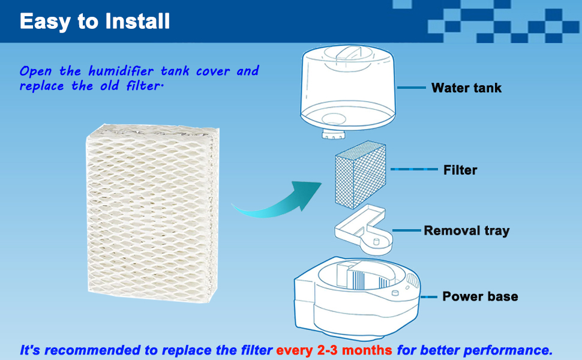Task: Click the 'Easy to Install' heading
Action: (x=95, y=22)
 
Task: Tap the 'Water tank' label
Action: (x=466, y=88)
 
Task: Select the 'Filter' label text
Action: (x=460, y=170)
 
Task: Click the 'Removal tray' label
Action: (x=466, y=231)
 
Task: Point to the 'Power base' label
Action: (x=480, y=296)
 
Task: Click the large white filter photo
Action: (x=150, y=210)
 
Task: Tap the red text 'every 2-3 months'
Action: (x=334, y=350)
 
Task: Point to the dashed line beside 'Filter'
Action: (x=414, y=170)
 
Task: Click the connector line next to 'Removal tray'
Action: (x=406, y=230)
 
